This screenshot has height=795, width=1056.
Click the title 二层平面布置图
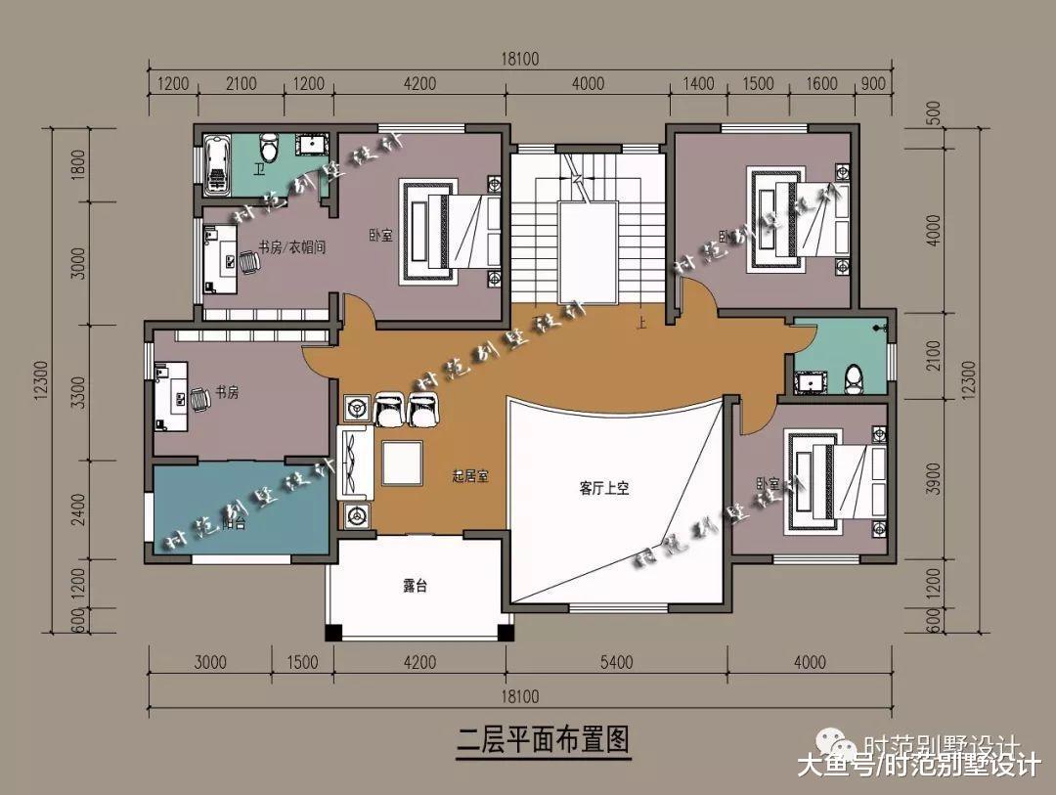click(544, 738)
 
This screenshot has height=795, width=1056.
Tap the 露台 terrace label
click(416, 587)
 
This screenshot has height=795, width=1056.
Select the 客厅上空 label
click(603, 488)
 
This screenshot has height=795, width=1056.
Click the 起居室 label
click(470, 477)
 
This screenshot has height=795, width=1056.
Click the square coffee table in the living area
click(403, 463)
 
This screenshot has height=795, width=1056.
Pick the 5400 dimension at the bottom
click(617, 663)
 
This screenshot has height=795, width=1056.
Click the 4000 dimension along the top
click(588, 84)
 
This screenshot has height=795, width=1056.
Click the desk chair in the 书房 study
click(199, 398)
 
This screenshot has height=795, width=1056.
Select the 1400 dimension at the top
click(700, 84)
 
